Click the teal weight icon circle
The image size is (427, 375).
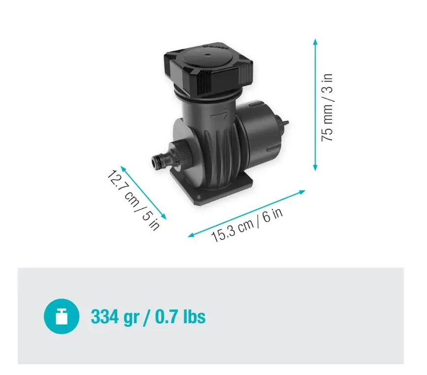click(x=62, y=316)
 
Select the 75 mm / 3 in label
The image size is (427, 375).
click(x=328, y=107)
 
